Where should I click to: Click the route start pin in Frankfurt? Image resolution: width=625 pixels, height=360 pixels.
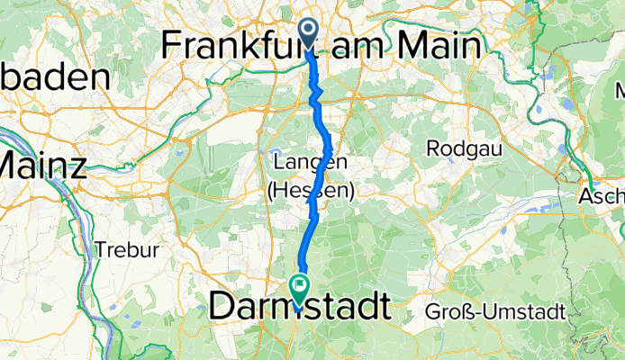point(308,34)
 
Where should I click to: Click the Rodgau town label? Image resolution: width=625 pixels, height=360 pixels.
point(462,147)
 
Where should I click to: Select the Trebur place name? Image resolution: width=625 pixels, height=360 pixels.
point(126,249)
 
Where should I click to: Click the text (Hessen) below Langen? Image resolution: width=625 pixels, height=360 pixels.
point(310,191)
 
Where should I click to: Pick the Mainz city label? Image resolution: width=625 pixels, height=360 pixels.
point(42,165)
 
